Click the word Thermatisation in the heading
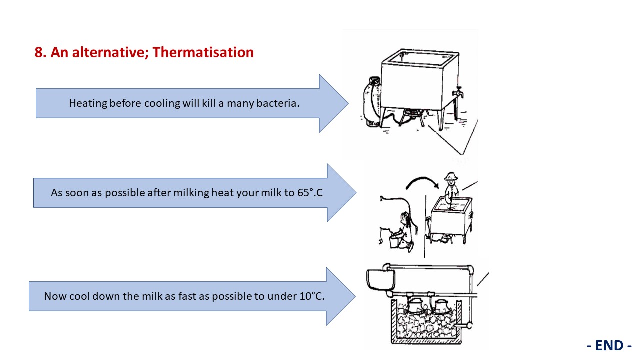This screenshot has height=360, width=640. click(x=203, y=52)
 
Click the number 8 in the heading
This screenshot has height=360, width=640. click(x=39, y=53)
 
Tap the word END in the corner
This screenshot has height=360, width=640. click(x=609, y=345)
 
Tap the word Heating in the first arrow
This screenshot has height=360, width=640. click(x=88, y=103)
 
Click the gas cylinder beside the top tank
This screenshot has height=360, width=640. click(x=371, y=102)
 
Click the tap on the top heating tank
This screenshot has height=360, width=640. click(x=458, y=93)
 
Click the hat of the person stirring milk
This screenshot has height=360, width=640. click(x=451, y=176)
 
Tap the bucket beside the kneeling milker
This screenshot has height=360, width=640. click(x=394, y=241)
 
